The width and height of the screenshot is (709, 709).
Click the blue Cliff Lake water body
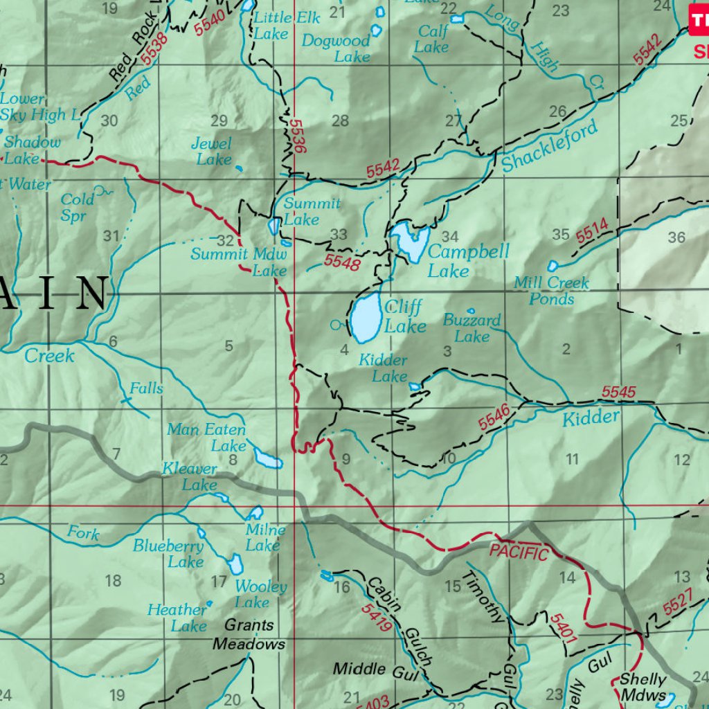365,317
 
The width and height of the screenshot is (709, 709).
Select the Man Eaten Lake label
206,438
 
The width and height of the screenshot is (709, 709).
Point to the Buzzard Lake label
472,328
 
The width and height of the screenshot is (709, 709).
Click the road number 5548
342,261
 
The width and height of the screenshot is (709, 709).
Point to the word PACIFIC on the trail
519,553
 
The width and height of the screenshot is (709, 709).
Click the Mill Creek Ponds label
551,291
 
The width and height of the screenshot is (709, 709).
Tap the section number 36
676,237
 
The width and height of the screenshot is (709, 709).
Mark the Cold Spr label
78,207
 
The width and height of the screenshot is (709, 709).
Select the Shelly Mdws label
643,687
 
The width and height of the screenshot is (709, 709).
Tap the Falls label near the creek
147,388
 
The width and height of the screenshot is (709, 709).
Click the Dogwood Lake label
336,48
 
